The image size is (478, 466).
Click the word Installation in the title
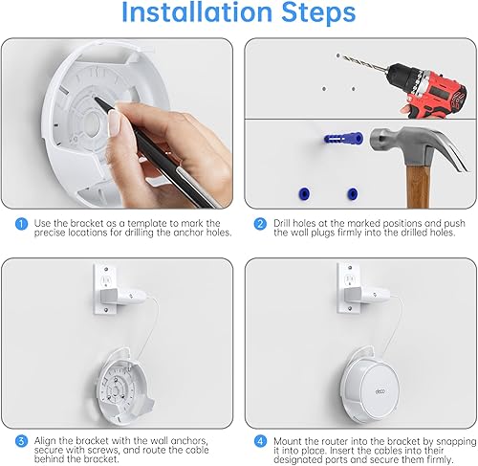pyautogui.click(x=197, y=12)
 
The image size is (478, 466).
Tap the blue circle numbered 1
pyautogui.click(x=21, y=224)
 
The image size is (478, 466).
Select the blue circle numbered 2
pyautogui.click(x=260, y=224)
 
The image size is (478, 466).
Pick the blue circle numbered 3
pyautogui.click(x=21, y=441)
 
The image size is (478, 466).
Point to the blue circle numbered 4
pyautogui.click(x=260, y=441)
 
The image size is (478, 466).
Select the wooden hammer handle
pyautogui.click(x=418, y=188)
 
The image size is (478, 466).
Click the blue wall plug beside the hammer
pyautogui.click(x=343, y=139)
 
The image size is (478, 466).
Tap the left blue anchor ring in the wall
pyautogui.click(x=304, y=193)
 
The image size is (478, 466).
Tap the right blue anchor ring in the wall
pyautogui.click(x=352, y=193)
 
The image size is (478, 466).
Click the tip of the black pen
pyautogui.click(x=96, y=99)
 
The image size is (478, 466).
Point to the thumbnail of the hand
pyautogui.click(x=113, y=123)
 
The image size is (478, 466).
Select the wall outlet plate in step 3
pyautogui.click(x=105, y=288)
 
